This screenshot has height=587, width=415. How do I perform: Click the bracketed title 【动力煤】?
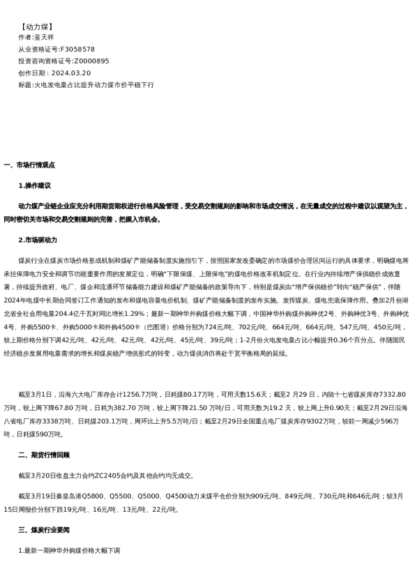point(37,26)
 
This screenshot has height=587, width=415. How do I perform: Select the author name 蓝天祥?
point(44,38)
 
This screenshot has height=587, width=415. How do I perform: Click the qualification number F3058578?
point(77,49)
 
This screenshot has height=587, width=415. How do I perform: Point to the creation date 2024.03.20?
point(70,73)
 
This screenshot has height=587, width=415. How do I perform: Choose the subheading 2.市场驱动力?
point(38,240)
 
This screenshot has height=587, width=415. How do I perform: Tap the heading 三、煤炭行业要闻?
point(44,530)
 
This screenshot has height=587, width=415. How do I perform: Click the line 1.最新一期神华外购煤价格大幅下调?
point(70,551)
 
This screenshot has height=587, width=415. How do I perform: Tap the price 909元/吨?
point(264,496)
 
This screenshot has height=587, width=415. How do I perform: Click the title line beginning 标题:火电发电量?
point(86,85)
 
